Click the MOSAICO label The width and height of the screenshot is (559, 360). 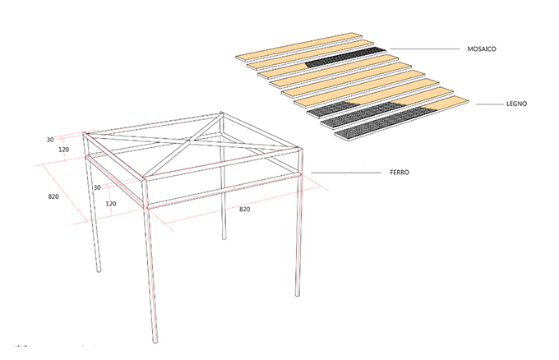(481, 48)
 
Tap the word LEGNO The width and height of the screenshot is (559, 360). (516, 104)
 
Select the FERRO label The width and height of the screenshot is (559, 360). (400, 172)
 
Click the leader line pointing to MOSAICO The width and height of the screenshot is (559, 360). (425, 48)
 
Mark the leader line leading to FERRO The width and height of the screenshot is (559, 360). (346, 173)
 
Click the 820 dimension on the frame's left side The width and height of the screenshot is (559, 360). (53, 196)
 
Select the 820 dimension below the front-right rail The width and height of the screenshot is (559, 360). (244, 210)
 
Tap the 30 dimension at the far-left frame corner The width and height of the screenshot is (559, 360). (50, 140)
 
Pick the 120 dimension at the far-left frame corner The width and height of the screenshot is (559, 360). (64, 150)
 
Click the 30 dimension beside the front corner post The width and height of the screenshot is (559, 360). (97, 187)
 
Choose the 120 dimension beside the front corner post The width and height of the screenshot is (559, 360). (111, 204)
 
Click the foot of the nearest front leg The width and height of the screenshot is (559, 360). (155, 341)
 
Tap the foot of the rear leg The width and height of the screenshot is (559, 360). (224, 238)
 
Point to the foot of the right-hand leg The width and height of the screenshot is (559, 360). (298, 294)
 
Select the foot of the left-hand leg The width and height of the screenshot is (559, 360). (99, 270)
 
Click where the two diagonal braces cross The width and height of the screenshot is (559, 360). (191, 140)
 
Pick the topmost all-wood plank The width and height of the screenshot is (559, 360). (298, 47)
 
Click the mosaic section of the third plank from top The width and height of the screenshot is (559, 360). (346, 58)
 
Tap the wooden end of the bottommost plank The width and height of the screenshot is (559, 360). (445, 104)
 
